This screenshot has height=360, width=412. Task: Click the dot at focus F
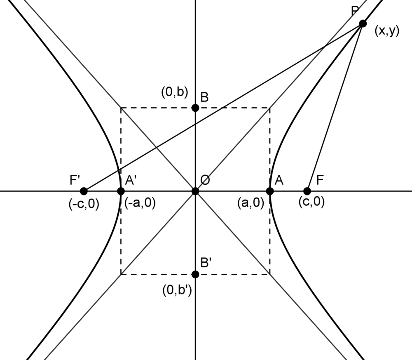[307, 191]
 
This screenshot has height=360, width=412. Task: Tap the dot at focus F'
[84, 191]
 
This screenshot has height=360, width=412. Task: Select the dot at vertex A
[270, 191]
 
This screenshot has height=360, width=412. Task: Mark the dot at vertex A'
[121, 191]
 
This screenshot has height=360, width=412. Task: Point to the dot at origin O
[195, 191]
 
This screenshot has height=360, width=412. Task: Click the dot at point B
[195, 108]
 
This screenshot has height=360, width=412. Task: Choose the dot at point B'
[195, 274]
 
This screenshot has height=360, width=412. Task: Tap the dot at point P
[363, 24]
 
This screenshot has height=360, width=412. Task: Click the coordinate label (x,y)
[387, 31]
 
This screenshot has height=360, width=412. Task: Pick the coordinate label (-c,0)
[84, 204]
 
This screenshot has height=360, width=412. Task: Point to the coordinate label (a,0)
[250, 203]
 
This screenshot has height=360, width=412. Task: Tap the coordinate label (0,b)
[174, 92]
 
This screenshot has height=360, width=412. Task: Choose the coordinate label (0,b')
[176, 291]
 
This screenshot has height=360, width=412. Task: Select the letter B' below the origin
[206, 262]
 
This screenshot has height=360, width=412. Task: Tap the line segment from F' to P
[222, 107]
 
